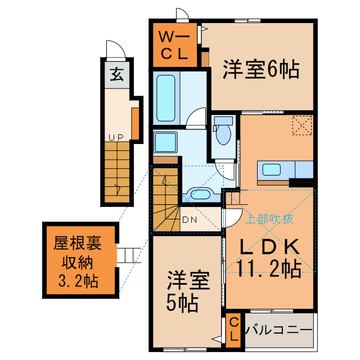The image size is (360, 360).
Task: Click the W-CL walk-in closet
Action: pos(174,46)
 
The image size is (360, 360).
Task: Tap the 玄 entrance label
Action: pos(116,74)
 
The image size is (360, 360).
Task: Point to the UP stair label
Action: pos(116,137)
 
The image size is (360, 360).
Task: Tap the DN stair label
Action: pos(190,220)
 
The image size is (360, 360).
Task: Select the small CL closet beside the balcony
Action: pos(233,330)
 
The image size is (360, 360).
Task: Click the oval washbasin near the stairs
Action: pos(199,195)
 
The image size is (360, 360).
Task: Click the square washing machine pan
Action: pos(165,143)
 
